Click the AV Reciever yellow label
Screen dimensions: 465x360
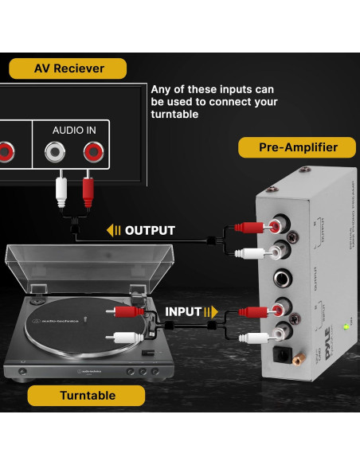(68, 68)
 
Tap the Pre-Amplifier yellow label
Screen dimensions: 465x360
(297, 147)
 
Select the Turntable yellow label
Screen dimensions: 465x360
(87, 396)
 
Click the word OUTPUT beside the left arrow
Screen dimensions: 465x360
(150, 231)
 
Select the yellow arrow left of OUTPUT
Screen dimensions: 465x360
(114, 231)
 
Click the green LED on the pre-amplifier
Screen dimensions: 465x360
(345, 326)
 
